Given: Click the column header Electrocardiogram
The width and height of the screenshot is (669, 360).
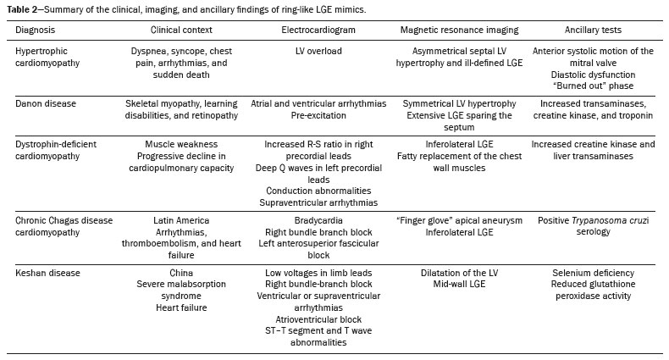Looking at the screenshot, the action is pyautogui.click(x=318, y=30).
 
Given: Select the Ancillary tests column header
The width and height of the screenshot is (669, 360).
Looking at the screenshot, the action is pyautogui.click(x=593, y=30).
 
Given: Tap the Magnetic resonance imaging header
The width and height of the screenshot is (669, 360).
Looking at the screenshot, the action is pyautogui.click(x=460, y=30).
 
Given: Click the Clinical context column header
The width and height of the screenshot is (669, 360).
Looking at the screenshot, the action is pyautogui.click(x=181, y=30).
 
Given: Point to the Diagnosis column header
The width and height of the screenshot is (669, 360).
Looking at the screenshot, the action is pyautogui.click(x=35, y=30).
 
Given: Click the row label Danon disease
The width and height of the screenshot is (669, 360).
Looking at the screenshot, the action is pyautogui.click(x=46, y=103).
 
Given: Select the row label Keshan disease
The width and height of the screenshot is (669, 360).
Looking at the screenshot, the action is pyautogui.click(x=47, y=273).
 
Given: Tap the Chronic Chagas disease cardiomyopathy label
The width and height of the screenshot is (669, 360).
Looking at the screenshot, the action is pyautogui.click(x=64, y=226).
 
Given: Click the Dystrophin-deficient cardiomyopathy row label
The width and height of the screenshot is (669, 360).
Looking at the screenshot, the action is pyautogui.click(x=56, y=150).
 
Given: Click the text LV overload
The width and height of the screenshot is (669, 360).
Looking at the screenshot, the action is pyautogui.click(x=318, y=51).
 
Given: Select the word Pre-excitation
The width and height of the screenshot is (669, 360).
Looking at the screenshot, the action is pyautogui.click(x=318, y=115).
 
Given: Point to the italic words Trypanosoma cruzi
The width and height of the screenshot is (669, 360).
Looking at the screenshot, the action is pyautogui.click(x=610, y=220).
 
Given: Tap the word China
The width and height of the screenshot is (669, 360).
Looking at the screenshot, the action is pyautogui.click(x=181, y=273).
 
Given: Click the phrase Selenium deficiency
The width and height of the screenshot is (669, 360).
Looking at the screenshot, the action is pyautogui.click(x=593, y=273).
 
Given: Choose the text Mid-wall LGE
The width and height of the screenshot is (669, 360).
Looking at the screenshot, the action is pyautogui.click(x=460, y=284).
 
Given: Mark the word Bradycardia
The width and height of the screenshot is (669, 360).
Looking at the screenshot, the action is pyautogui.click(x=318, y=220).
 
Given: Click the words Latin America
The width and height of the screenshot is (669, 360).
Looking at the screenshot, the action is pyautogui.click(x=181, y=220).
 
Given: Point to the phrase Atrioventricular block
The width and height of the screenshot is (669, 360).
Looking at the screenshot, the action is pyautogui.click(x=318, y=319).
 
